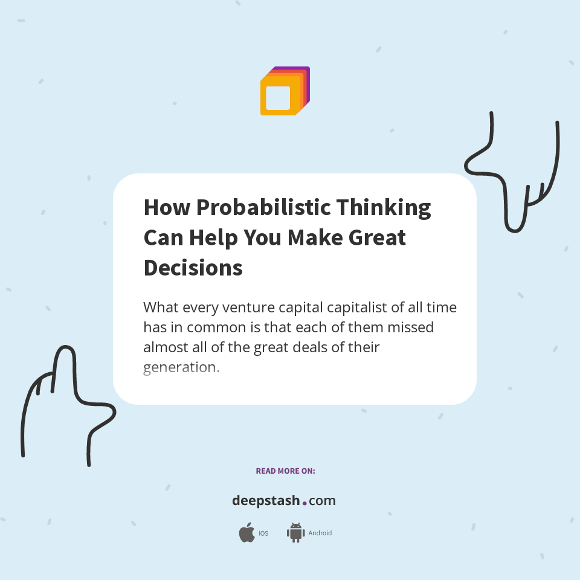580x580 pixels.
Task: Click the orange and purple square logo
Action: click(x=285, y=91)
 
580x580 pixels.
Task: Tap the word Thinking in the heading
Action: click(x=384, y=207)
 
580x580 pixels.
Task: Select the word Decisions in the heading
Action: click(x=193, y=268)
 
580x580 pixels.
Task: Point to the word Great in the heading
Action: click(x=378, y=237)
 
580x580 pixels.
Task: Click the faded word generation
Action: click(x=181, y=367)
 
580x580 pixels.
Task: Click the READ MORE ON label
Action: click(x=285, y=471)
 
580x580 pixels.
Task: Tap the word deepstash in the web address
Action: click(x=265, y=500)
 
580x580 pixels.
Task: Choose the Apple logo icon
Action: click(x=246, y=533)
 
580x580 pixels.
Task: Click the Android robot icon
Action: click(x=295, y=532)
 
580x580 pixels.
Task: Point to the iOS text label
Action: click(x=263, y=533)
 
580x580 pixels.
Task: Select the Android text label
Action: click(x=320, y=533)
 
